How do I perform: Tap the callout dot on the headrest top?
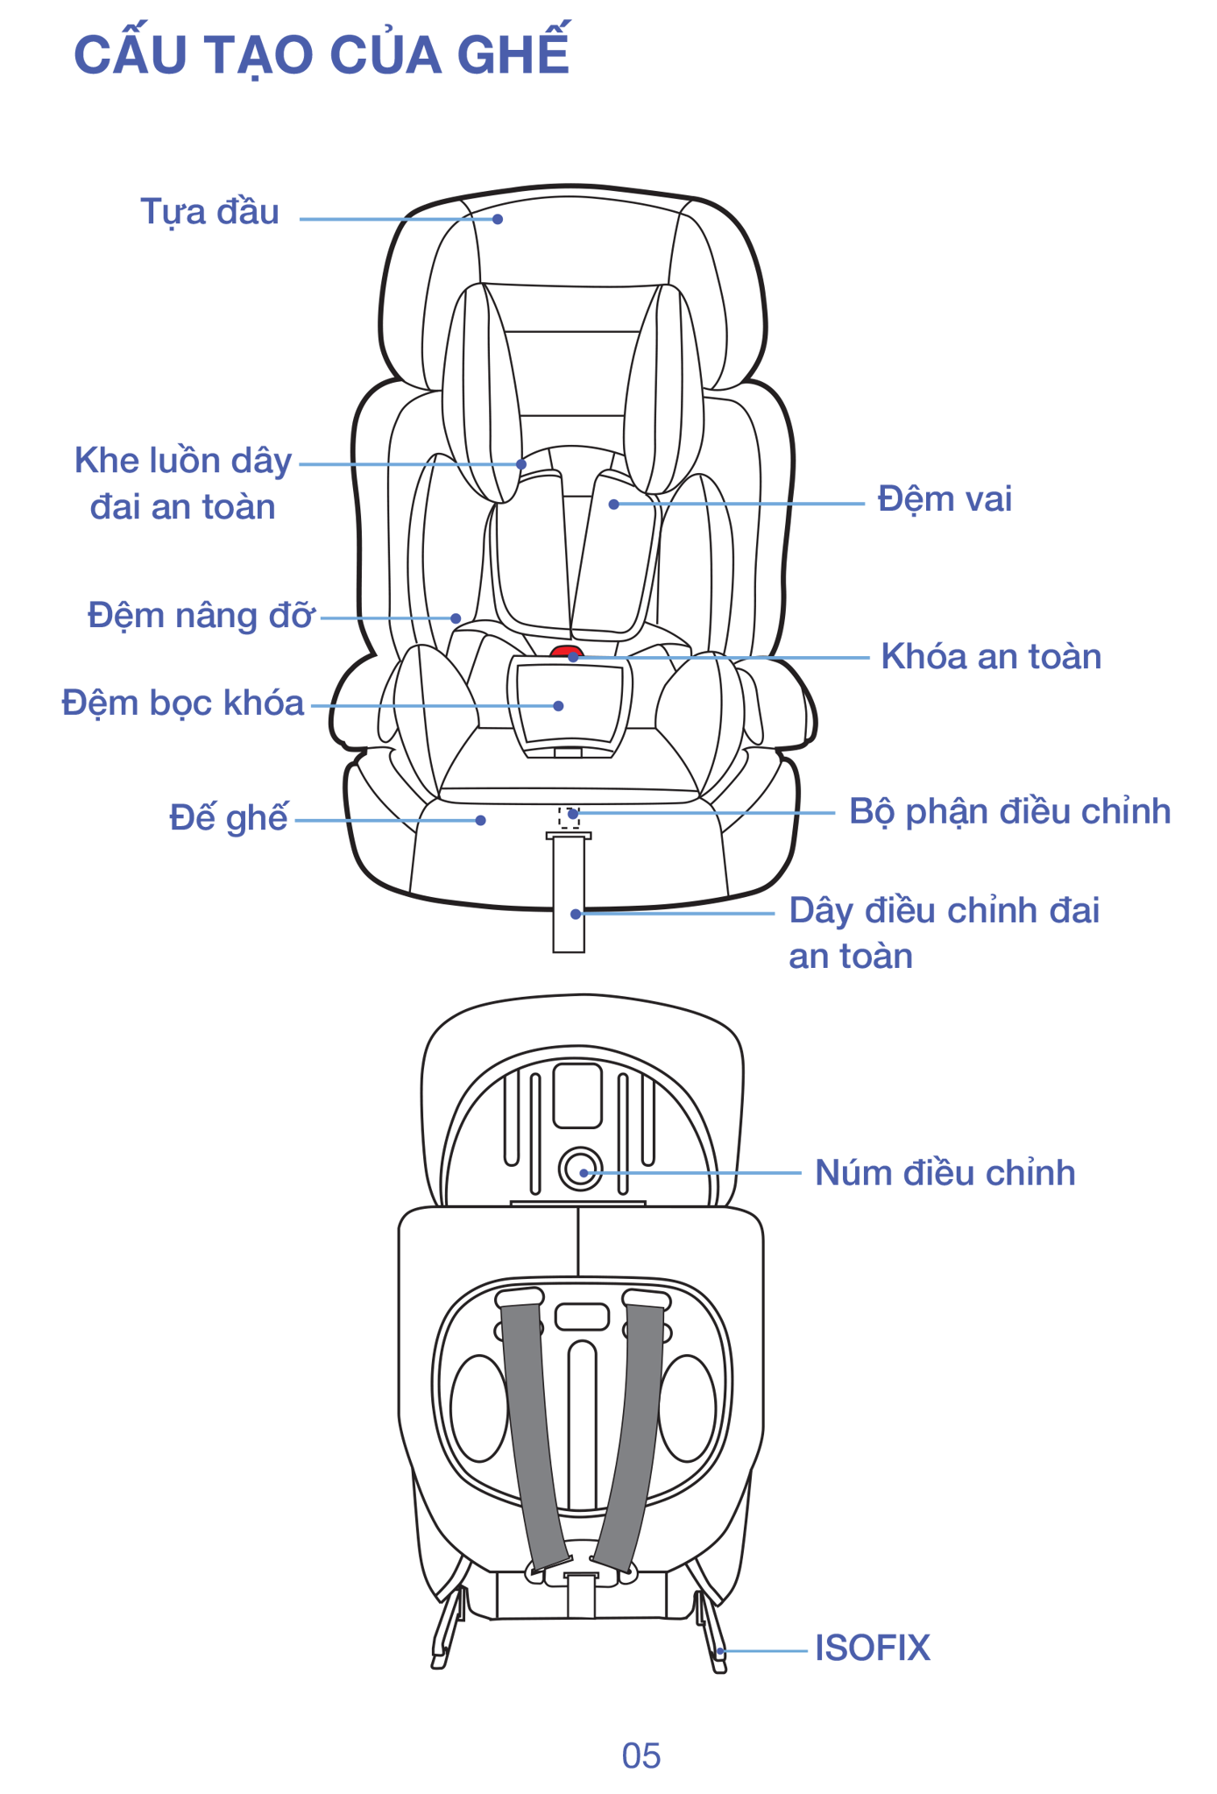tap(498, 219)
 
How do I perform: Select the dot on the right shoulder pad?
tap(614, 505)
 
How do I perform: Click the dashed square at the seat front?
tap(570, 817)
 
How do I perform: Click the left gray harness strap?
tap(530, 1437)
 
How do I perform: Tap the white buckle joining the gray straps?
tap(581, 1573)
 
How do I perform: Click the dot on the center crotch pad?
tap(559, 706)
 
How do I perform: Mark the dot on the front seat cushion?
tap(481, 820)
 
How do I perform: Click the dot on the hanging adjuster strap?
tap(576, 914)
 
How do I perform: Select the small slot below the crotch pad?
tap(568, 752)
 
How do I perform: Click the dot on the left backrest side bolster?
tap(456, 618)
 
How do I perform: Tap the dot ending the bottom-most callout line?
tap(720, 1651)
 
